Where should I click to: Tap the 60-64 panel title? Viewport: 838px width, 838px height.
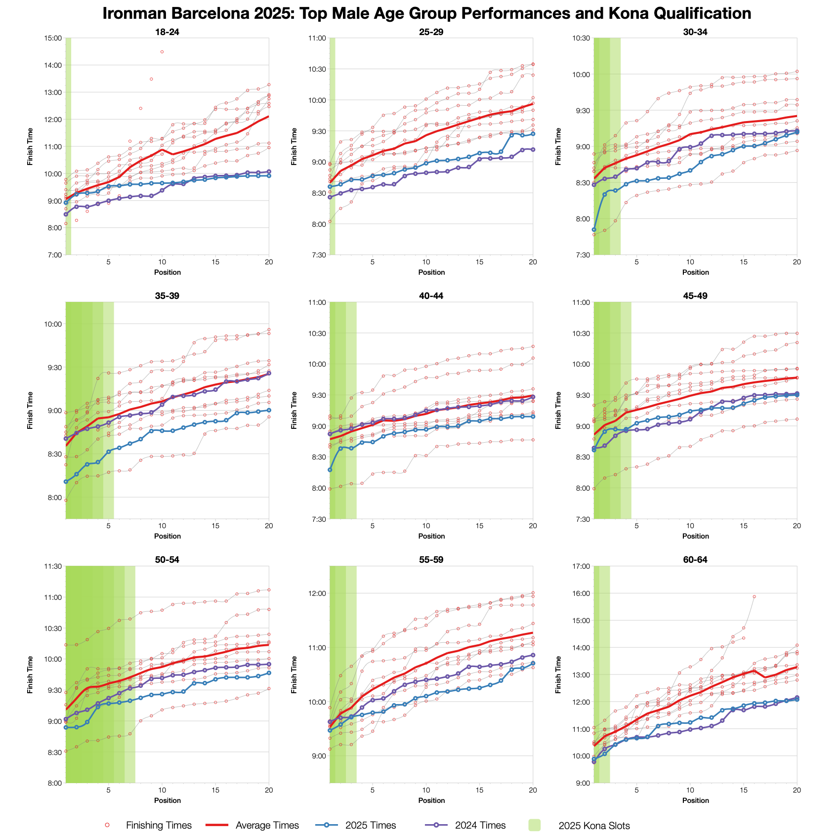695,560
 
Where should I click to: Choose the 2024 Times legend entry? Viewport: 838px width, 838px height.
480,826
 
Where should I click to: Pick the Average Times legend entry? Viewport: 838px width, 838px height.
267,826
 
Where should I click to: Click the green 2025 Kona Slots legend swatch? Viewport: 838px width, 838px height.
534,825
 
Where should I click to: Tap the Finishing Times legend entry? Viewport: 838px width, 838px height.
159,826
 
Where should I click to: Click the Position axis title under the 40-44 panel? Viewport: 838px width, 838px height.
431,536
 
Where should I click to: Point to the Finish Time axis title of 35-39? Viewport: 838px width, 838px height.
31,410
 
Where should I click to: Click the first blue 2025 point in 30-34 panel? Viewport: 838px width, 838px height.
594,229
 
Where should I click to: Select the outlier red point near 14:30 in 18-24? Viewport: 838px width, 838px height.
162,52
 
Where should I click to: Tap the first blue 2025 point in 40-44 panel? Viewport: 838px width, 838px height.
330,469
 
